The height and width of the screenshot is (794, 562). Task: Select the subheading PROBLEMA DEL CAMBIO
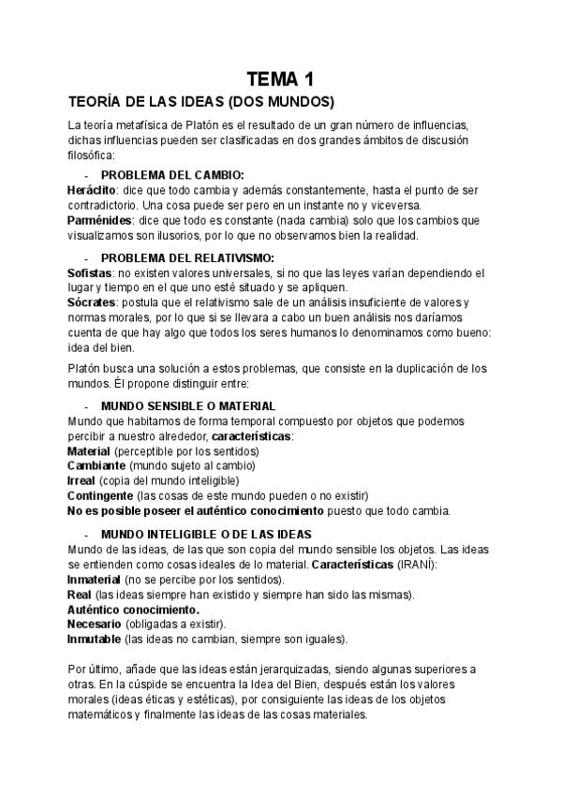pyautogui.click(x=171, y=174)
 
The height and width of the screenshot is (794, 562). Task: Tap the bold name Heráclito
pyautogui.click(x=91, y=188)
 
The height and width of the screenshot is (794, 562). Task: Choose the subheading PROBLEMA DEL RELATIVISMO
pyautogui.click(x=187, y=257)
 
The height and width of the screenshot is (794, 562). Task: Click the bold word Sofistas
pyautogui.click(x=90, y=272)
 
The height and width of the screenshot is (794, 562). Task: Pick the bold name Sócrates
pyautogui.click(x=92, y=302)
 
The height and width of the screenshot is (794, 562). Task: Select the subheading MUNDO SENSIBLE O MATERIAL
pyautogui.click(x=187, y=406)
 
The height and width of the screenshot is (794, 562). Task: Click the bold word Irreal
pyautogui.click(x=82, y=480)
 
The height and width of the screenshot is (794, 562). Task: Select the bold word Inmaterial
pyautogui.click(x=94, y=580)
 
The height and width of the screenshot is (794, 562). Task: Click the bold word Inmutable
pyautogui.click(x=94, y=639)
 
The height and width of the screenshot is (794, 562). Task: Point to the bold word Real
pyautogui.click(x=80, y=595)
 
